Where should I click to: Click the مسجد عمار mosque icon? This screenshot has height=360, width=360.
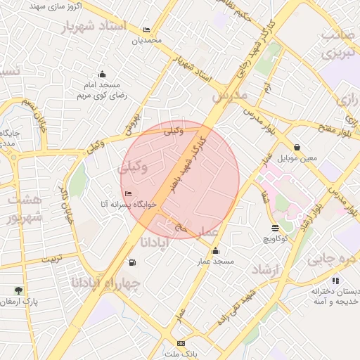pos(214,252)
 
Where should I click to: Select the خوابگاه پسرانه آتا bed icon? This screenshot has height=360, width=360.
pos(127,193)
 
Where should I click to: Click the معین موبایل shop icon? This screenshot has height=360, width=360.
pos(297,148)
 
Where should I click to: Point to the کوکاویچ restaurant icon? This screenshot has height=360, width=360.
pos(274,228)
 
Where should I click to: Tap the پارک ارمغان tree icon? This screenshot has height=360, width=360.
pos(18,290)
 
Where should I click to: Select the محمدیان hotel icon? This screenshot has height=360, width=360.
pos(146,30)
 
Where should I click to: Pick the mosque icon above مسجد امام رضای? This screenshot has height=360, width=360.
pos(103,75)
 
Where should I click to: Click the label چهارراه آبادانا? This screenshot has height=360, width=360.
pos(105,283)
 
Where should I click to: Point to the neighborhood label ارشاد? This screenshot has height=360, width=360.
pos(266,269)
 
